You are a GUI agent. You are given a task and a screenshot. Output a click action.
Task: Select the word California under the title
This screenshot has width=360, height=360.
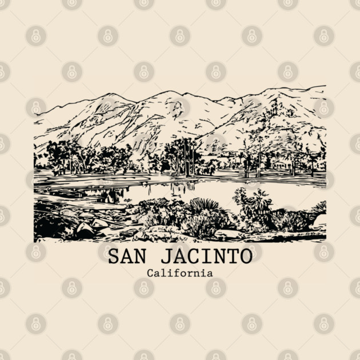179,273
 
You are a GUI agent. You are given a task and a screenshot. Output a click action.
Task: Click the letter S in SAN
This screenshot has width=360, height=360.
113,257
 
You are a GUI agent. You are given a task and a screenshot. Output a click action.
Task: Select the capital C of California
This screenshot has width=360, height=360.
150,273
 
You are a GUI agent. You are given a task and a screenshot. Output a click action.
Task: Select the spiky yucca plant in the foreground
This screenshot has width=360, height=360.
205,209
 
